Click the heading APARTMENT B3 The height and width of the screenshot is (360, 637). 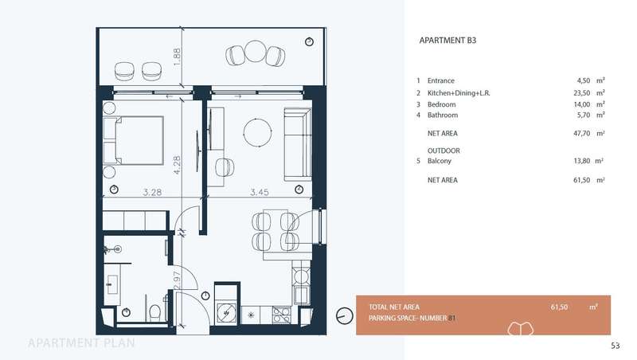pyautogui.click(x=447, y=41)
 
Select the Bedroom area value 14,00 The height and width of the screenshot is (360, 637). pyautogui.click(x=582, y=104)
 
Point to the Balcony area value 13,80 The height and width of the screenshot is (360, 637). pyautogui.click(x=582, y=161)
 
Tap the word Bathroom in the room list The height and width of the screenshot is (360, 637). pyautogui.click(x=443, y=115)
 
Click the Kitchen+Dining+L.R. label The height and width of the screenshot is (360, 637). pyautogui.click(x=459, y=93)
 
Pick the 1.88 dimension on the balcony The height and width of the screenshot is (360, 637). pyautogui.click(x=177, y=57)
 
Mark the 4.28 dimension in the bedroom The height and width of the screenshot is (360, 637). pyautogui.click(x=177, y=165)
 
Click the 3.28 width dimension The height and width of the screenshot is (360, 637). pyautogui.click(x=152, y=192)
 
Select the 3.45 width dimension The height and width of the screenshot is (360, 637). pyautogui.click(x=260, y=192)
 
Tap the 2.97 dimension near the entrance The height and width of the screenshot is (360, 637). pyautogui.click(x=177, y=280)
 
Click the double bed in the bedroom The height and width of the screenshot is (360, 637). pyautogui.click(x=133, y=141)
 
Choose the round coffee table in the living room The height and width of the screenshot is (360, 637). pyautogui.click(x=257, y=132)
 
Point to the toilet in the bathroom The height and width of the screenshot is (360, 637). pyautogui.click(x=154, y=312)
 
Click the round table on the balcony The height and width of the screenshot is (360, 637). pyautogui.click(x=256, y=51)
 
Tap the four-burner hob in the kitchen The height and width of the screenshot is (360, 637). pyautogui.click(x=282, y=315)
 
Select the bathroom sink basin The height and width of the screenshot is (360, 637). pyautogui.click(x=112, y=284)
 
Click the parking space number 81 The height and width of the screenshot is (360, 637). pyautogui.click(x=451, y=318)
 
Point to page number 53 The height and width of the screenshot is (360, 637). pyautogui.click(x=616, y=346)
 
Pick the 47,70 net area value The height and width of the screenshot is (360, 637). pyautogui.click(x=582, y=133)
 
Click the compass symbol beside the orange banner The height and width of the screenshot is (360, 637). pyautogui.click(x=345, y=315)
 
